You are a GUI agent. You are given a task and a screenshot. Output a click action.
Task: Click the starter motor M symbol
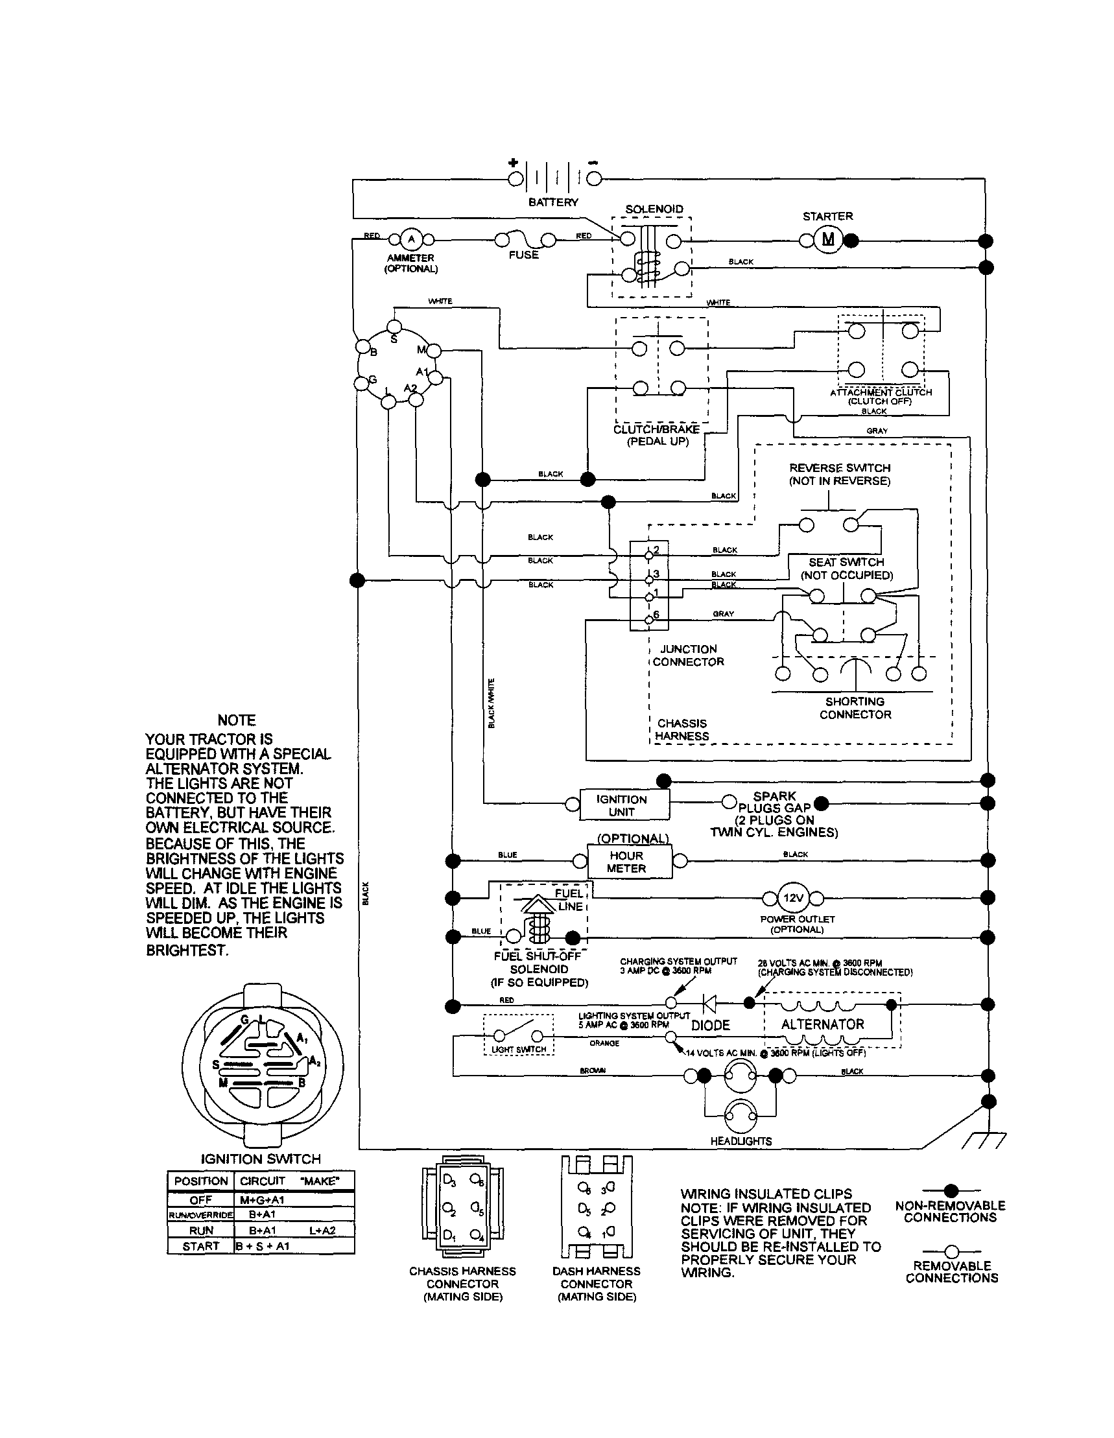(827, 240)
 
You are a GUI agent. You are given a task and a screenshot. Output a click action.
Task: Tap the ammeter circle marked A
(412, 239)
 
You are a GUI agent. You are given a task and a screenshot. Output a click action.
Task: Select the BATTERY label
(553, 202)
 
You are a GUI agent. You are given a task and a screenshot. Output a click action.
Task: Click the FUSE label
(523, 255)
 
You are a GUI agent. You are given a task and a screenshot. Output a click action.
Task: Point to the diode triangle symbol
(710, 1004)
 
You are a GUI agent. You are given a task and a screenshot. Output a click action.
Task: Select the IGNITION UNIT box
(624, 805)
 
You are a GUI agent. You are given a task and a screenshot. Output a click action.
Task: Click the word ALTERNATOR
(822, 1024)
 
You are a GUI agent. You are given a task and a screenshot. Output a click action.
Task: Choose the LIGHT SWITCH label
(519, 1049)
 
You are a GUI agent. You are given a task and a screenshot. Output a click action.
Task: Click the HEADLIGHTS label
(741, 1141)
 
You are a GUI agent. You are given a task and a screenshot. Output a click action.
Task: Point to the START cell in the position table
(201, 1246)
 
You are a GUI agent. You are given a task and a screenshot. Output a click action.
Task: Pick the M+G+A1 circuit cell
(262, 1200)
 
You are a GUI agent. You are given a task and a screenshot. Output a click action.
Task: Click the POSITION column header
(201, 1181)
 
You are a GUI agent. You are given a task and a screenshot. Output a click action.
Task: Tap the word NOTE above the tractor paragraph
(237, 720)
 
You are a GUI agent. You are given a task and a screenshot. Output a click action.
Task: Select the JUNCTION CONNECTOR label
(688, 655)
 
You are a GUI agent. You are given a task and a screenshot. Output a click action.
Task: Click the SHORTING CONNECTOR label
(855, 708)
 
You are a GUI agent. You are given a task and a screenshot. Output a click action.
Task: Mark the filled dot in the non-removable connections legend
(950, 1190)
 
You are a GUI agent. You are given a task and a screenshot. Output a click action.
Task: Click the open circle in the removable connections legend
(950, 1251)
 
